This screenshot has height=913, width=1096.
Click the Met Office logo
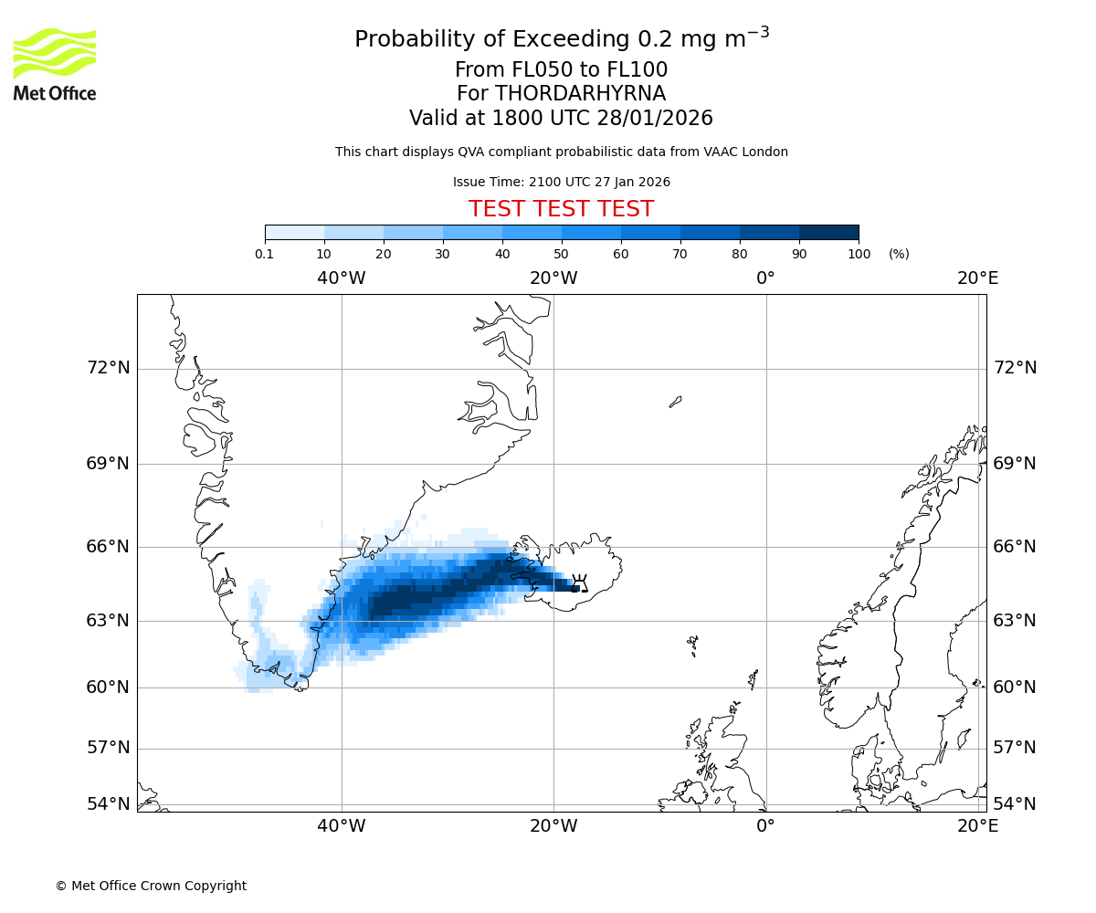[x=55, y=64]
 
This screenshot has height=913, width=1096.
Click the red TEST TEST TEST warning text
[x=561, y=210]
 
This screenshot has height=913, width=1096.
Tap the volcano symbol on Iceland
[x=578, y=583]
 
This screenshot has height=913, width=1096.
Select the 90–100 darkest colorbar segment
[x=828, y=233]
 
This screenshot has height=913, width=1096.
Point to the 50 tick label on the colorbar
[x=561, y=254]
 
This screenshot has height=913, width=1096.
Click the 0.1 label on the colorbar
[x=265, y=254]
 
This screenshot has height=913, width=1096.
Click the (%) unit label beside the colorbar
[x=899, y=254]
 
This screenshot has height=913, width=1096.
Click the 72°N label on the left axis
[x=108, y=368]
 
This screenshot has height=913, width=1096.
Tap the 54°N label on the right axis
[x=1015, y=804]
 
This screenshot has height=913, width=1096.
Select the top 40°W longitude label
[x=342, y=278]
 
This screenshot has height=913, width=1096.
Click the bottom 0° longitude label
[x=765, y=826]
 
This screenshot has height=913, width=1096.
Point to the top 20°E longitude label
[x=977, y=278]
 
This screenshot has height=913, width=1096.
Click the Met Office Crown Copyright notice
[x=151, y=886]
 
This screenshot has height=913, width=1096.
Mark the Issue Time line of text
[x=561, y=183]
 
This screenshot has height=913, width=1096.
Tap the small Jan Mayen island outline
[x=675, y=402]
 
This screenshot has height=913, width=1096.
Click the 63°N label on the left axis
[x=108, y=621]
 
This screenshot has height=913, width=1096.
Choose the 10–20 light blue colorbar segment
[x=353, y=233]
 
